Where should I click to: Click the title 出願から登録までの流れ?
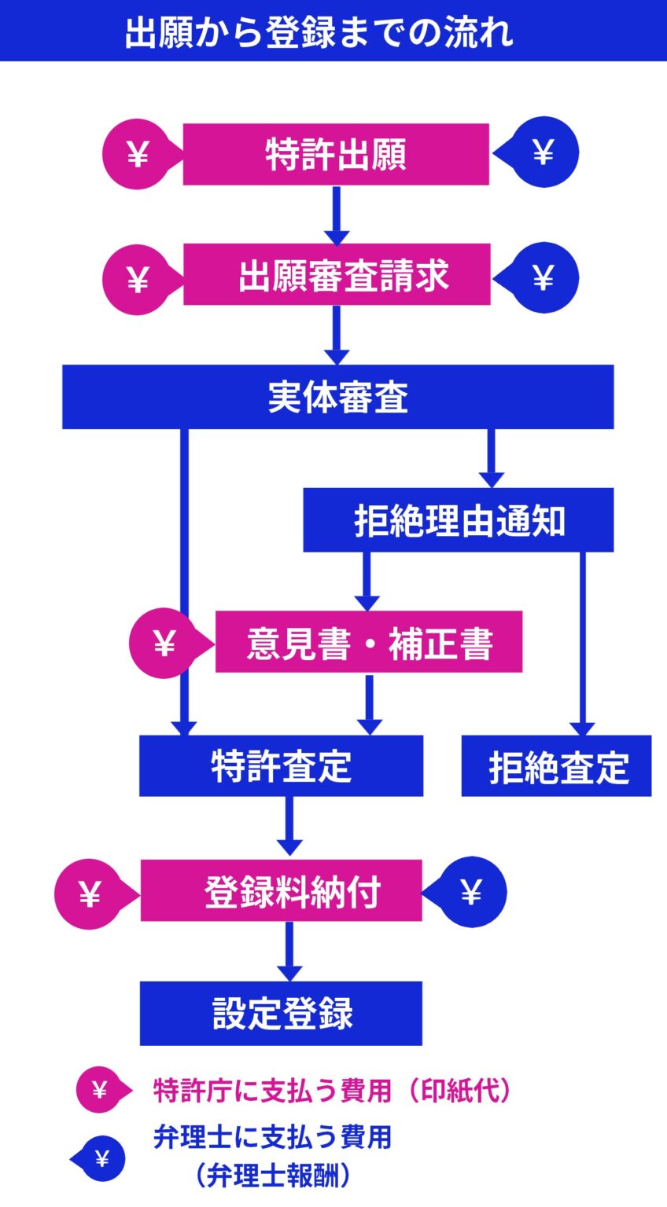pyautogui.click(x=319, y=32)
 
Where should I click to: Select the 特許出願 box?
pyautogui.click(x=336, y=154)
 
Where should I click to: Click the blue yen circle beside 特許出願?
pyautogui.click(x=544, y=152)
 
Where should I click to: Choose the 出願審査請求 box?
pyautogui.click(x=337, y=274)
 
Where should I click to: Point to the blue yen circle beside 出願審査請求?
pyautogui.click(x=544, y=277)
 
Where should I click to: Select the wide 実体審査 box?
pyautogui.click(x=337, y=397)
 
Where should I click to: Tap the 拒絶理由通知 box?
pyautogui.click(x=459, y=520)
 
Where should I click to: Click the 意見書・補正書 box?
pyautogui.click(x=369, y=642)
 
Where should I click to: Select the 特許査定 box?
pyautogui.click(x=281, y=765)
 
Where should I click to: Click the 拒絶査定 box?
pyautogui.click(x=556, y=765)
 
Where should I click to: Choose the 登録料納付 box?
pyautogui.click(x=282, y=890)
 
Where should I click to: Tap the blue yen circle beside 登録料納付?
pyautogui.click(x=471, y=892)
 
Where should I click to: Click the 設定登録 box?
pyautogui.click(x=281, y=1014)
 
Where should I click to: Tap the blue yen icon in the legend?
pyautogui.click(x=101, y=1158)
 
